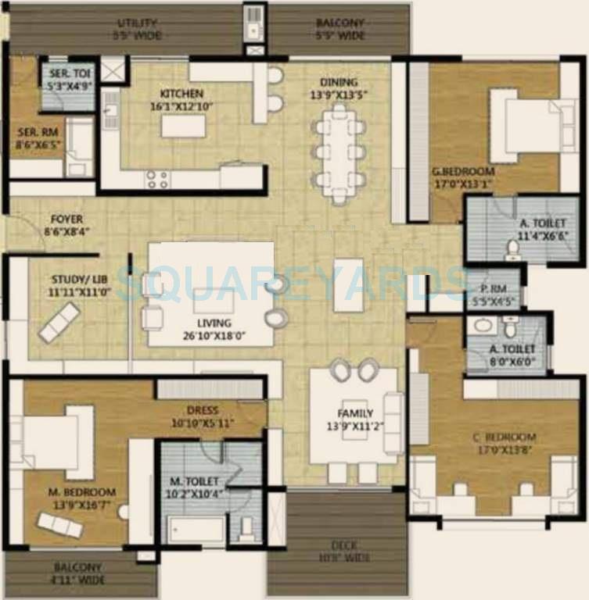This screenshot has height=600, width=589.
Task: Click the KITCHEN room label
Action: (x=181, y=94)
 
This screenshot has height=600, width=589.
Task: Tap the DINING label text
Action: (x=338, y=83)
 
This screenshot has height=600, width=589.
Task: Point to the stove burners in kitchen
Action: (x=157, y=179)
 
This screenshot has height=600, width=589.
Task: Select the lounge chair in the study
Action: (x=59, y=323)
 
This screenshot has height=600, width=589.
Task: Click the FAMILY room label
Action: (x=356, y=413)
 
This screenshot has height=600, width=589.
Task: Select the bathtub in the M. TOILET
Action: (x=192, y=531)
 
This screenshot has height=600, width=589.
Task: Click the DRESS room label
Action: (x=203, y=409)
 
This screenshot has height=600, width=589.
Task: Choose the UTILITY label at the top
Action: (x=137, y=23)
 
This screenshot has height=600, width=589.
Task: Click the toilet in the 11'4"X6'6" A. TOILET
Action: (x=513, y=248)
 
